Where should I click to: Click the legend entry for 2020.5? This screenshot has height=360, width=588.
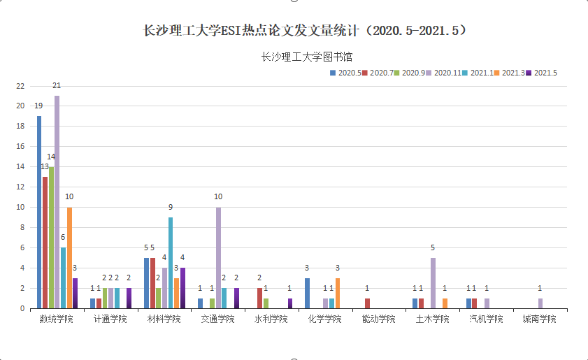pyautogui.click(x=345, y=72)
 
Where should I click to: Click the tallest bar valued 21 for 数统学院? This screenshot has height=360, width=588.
pyautogui.click(x=57, y=203)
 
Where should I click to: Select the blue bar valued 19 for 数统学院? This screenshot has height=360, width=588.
pyautogui.click(x=39, y=213)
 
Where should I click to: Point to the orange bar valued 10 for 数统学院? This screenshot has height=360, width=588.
pyautogui.click(x=69, y=258)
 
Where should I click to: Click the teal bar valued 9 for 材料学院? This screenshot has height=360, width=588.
pyautogui.click(x=171, y=263)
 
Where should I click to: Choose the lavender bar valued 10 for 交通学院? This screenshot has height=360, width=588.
pyautogui.click(x=219, y=258)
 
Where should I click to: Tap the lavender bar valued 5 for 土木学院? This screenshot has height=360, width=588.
pyautogui.click(x=433, y=283)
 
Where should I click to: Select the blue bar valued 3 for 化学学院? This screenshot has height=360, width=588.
pyautogui.click(x=307, y=293)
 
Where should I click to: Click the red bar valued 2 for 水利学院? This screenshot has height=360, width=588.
pyautogui.click(x=259, y=298)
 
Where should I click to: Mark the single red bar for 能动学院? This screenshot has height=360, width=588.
pyautogui.click(x=367, y=303)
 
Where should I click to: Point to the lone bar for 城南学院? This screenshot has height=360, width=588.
pyautogui.click(x=540, y=303)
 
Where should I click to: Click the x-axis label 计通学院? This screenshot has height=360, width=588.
pyautogui.click(x=110, y=319)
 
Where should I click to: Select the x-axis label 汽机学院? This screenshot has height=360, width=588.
pyautogui.click(x=486, y=319)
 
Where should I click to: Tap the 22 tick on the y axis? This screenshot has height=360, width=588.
pyautogui.click(x=20, y=87)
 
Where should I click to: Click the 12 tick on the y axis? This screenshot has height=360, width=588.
pyautogui.click(x=20, y=187)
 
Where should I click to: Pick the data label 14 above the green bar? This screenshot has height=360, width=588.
pyautogui.click(x=51, y=157)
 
